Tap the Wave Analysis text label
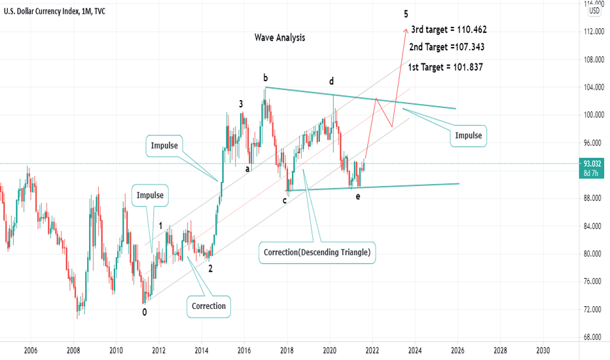click(x=279, y=37)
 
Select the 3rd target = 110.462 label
click(x=449, y=29)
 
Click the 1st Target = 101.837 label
click(x=445, y=67)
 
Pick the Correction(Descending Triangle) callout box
click(x=317, y=252)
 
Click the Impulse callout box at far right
click(x=469, y=135)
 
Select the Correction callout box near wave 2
click(x=209, y=306)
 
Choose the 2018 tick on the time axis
click(x=287, y=350)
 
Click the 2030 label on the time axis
click(x=543, y=350)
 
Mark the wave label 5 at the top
click(x=406, y=14)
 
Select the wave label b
click(x=265, y=77)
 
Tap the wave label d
click(x=332, y=81)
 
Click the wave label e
click(x=358, y=196)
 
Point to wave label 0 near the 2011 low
click(x=145, y=312)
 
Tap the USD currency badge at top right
click(x=594, y=10)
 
